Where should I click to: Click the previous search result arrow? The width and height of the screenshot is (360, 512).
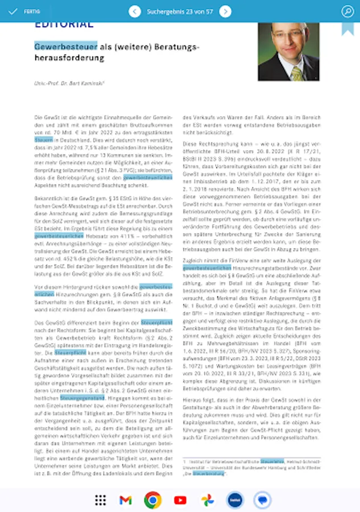tap(135, 11)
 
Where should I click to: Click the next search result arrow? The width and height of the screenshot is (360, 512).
tap(225, 11)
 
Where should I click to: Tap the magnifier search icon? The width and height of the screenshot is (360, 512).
tap(347, 11)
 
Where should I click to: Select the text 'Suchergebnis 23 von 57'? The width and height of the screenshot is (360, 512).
tap(180, 11)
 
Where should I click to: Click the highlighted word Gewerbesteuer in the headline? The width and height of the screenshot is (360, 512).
tap(65, 46)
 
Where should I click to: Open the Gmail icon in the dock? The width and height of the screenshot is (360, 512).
tap(126, 500)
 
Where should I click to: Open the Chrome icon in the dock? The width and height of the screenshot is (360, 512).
tap(152, 500)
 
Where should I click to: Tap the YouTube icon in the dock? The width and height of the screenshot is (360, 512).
tap(180, 500)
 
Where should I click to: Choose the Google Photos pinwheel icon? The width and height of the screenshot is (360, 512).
tap(207, 500)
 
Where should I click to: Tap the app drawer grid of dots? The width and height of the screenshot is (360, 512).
tap(101, 500)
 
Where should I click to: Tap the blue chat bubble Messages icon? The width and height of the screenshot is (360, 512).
tap(262, 500)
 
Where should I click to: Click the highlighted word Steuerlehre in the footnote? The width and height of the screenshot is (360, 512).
tap(272, 461)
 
